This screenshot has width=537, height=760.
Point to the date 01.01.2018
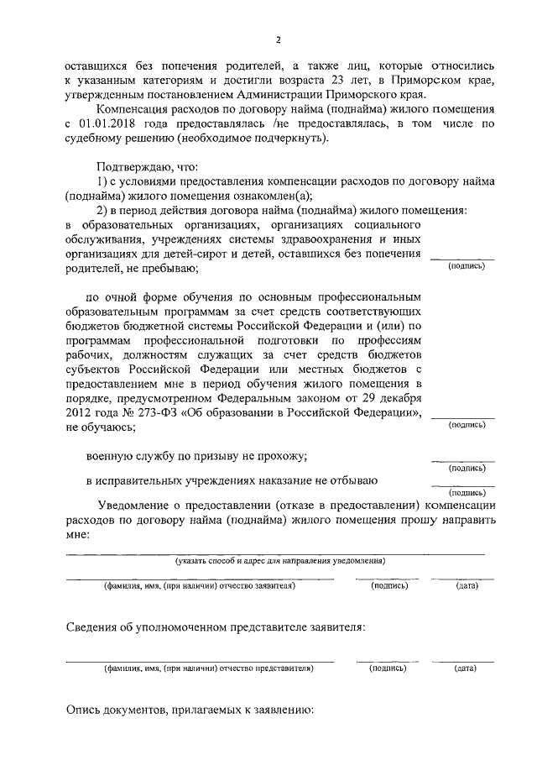click(111, 124)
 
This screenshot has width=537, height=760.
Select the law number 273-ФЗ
click(154, 414)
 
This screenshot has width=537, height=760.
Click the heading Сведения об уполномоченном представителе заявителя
click(216, 626)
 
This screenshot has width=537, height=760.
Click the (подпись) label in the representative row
click(388, 668)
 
